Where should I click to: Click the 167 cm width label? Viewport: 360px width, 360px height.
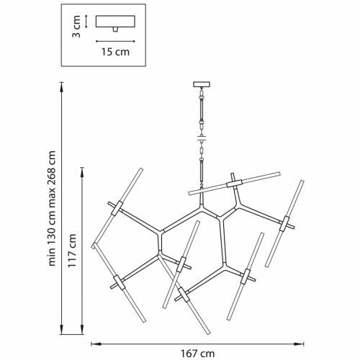197,354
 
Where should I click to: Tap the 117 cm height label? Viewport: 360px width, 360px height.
72,250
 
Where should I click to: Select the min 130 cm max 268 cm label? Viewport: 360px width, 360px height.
52,208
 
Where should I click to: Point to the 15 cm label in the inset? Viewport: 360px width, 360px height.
115,52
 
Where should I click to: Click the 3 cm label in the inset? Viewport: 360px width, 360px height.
76,27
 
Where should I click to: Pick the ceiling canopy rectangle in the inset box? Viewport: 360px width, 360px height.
115,22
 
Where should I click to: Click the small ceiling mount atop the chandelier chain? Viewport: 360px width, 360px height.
202,84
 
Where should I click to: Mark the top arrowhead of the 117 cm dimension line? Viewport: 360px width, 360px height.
82,171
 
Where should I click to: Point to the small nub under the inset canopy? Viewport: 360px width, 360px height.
115,30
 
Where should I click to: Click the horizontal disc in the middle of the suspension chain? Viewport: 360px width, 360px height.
202,138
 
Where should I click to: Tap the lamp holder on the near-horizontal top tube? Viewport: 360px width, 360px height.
235,184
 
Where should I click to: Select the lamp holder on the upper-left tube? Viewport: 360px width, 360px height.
117,208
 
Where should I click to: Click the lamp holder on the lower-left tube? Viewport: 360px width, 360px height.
120,282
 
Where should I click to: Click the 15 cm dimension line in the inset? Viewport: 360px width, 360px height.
115,41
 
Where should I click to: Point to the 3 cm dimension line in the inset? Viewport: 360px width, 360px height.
86,22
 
